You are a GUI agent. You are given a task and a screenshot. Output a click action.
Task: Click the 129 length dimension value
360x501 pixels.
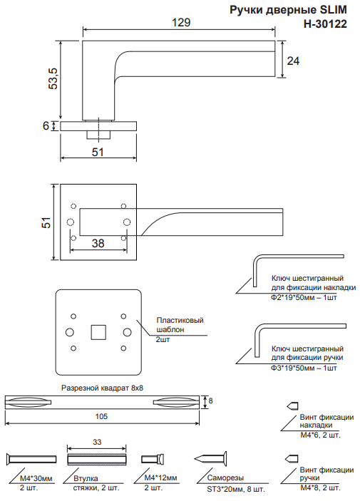pos(181,22)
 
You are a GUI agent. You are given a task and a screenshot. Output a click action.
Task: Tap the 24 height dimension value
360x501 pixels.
pos(293,61)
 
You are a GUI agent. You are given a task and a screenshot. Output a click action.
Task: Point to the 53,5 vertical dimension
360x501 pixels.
pos(53,78)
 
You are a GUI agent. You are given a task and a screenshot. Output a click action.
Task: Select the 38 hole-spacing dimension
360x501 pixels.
pos(98,244)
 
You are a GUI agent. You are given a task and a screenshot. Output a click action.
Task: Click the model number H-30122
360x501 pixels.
pos(325,24)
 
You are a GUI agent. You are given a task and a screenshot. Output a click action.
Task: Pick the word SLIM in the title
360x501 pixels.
pos(334,10)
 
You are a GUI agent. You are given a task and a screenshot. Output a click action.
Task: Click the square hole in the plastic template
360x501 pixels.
pos(98,332)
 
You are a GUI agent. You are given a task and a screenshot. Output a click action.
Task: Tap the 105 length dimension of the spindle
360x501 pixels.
pos(101,416)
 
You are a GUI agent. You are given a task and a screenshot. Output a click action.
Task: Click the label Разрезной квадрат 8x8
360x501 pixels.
pos(103,388)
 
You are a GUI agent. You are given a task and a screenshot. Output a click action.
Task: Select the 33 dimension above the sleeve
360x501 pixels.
pos(97,442)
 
